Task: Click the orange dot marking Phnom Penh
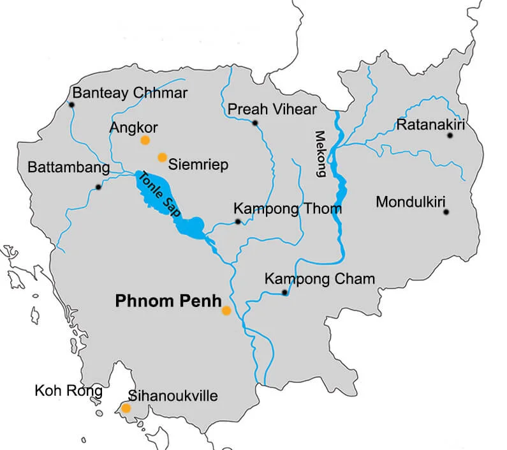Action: [226, 311]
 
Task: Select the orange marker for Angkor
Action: [145, 140]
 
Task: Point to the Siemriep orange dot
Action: [162, 157]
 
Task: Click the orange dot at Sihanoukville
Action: [126, 408]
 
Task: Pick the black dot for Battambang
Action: [98, 187]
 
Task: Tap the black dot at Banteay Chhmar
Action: [72, 105]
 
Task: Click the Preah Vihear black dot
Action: [255, 123]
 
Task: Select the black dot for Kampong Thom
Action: [237, 221]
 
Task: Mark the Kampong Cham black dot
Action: [284, 293]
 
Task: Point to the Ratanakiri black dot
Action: [450, 135]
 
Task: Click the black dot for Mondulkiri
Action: [446, 212]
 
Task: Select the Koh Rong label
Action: [68, 391]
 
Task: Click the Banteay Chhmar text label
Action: [131, 93]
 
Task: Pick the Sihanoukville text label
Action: [173, 396]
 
